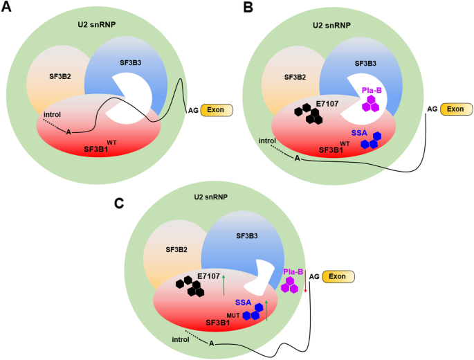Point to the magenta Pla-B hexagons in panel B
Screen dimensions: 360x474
click(372, 103)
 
